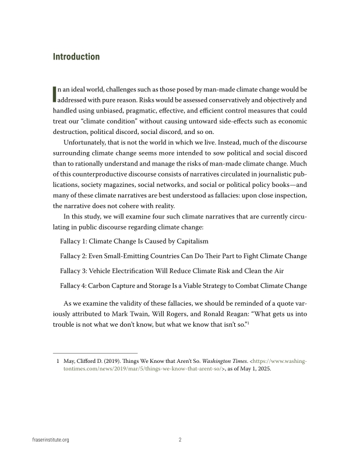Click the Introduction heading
point(76,57)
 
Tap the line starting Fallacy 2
point(183,256)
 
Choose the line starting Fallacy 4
point(183,285)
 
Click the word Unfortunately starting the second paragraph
point(86,143)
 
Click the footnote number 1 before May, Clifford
point(58,361)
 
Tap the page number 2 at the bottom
point(180,440)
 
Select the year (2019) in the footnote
point(110,361)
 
